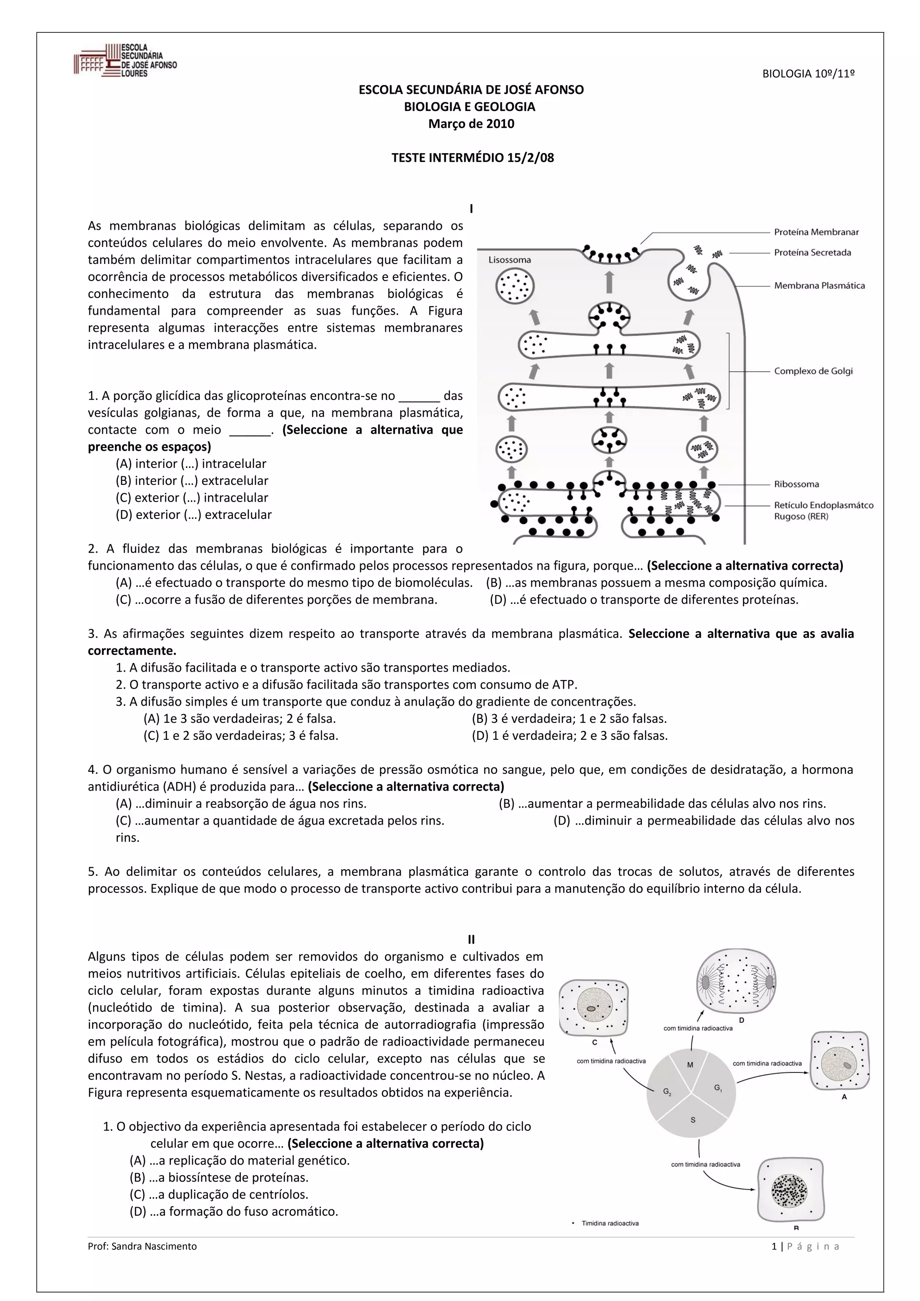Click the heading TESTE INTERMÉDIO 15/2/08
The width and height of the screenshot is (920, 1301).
(472, 158)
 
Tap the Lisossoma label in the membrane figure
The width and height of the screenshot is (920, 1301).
(509, 260)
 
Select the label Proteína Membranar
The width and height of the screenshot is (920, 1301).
(816, 232)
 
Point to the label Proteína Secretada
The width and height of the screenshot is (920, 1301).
(812, 253)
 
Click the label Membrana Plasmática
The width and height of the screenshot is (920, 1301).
(819, 286)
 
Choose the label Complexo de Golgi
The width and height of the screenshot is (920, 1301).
(813, 371)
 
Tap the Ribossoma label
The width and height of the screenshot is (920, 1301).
(796, 484)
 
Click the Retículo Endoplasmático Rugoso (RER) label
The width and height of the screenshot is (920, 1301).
(823, 510)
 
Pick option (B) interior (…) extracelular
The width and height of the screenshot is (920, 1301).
(192, 480)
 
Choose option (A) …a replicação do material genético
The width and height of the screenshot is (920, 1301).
(239, 1160)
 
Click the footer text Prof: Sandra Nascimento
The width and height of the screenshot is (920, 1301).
(142, 1246)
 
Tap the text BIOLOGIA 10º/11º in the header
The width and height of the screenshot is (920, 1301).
(808, 74)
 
